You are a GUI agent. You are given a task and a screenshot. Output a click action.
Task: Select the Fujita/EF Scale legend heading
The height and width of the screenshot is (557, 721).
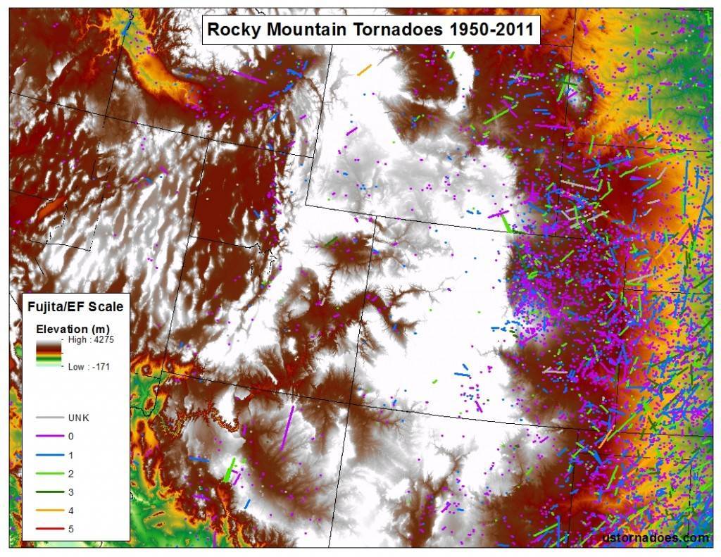[75, 306]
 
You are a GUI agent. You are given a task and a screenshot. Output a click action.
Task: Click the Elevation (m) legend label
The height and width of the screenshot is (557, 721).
[73, 329]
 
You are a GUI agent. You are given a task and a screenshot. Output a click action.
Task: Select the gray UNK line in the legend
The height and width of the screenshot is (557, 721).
[49, 418]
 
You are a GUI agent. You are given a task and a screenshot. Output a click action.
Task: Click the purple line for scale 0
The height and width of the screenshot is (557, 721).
[49, 437]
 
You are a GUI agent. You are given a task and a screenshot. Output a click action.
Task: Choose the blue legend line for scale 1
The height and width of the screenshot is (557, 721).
[49, 455]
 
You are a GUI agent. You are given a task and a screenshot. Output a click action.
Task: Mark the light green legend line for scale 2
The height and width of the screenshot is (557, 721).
[49, 473]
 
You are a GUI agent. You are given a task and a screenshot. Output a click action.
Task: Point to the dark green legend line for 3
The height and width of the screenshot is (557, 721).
[49, 492]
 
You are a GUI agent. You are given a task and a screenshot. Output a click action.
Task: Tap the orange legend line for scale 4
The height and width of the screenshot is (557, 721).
[49, 511]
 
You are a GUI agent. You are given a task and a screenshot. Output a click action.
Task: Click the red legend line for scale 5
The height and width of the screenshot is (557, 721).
[49, 529]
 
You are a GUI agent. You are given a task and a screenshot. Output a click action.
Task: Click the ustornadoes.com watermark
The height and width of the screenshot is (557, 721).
[656, 537]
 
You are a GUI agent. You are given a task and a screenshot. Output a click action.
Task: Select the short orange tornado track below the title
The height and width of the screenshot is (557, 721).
[364, 70]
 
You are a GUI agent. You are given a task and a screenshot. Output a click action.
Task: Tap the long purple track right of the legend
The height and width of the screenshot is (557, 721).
[287, 427]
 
